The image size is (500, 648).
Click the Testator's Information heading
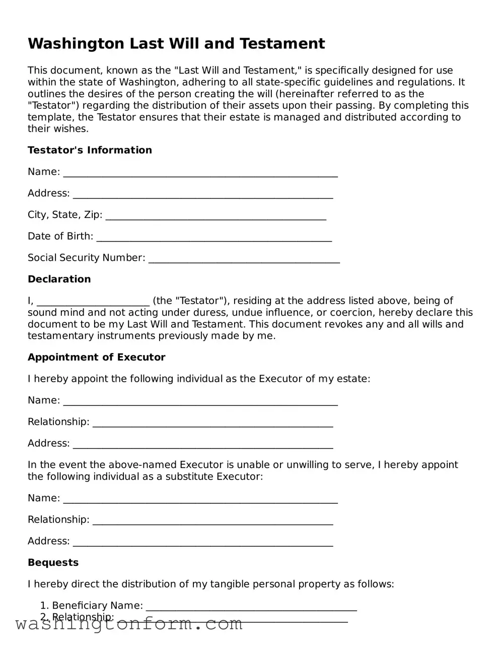[90, 150]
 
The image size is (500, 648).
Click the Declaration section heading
[59, 279]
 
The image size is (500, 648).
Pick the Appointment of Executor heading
[97, 358]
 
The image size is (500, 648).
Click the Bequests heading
[53, 563]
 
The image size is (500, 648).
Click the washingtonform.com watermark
[129, 624]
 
